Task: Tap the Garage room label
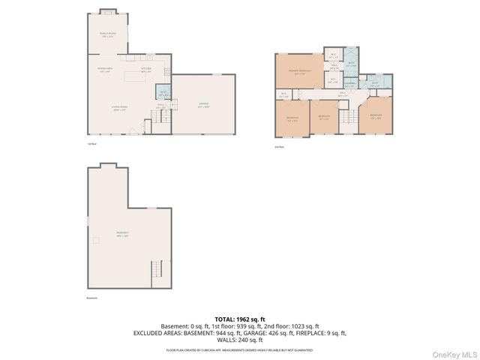[203, 106]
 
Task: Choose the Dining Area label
[106, 70]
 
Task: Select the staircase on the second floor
[346, 118]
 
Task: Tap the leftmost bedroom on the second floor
[292, 118]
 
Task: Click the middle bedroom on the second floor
[323, 117]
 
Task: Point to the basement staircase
[156, 269]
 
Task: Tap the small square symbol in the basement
[96, 240]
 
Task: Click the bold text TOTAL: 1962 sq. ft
[239, 319]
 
